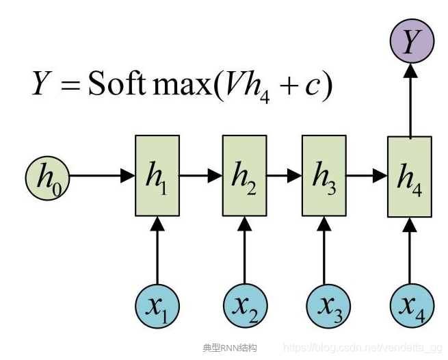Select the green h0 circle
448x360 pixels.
pos(47,176)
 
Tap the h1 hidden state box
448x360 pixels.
pos(157,176)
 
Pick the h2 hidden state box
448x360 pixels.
pos(244,176)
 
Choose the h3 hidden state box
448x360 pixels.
pos(324,176)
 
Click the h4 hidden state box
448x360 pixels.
pos(410,177)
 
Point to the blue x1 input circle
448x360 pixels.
pos(157,306)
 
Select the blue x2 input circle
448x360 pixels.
pos(244,306)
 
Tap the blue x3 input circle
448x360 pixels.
pos(324,306)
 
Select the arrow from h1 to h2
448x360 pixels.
pos(201,176)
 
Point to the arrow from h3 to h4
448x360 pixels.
pos(367,176)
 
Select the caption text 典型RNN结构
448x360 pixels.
pos(229,348)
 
